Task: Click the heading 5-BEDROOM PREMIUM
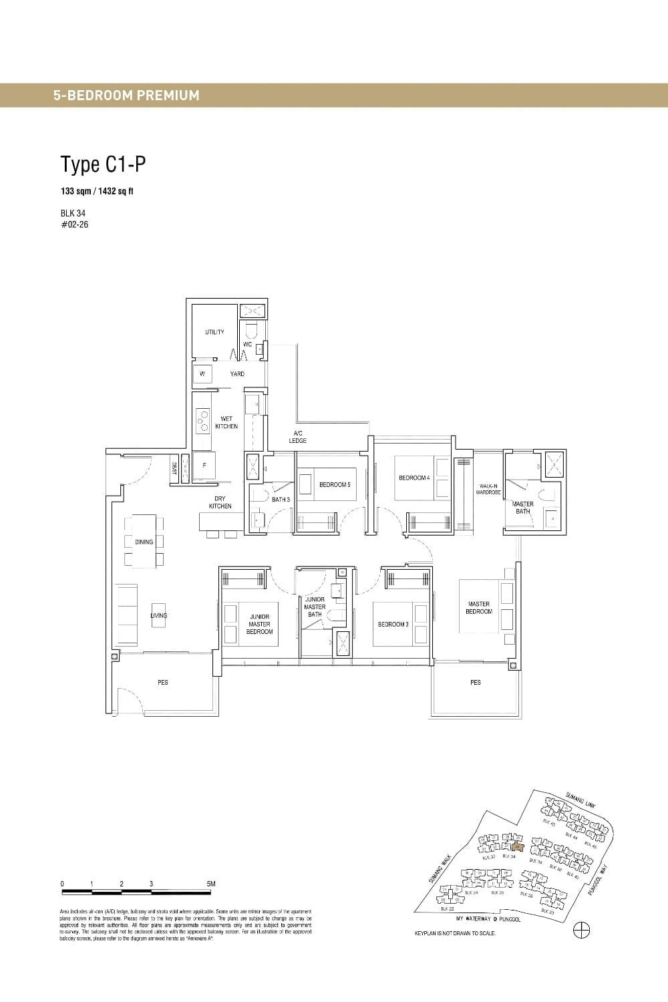pos(126,96)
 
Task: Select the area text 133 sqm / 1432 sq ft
pos(97,191)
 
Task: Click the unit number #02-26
pos(74,224)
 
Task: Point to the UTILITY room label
pos(214,332)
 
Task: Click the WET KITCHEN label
pos(226,422)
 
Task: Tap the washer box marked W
pos(202,374)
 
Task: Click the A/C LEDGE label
pos(298,437)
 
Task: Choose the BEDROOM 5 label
pos(334,484)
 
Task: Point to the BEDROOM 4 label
pos(413,478)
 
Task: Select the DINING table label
pos(144,542)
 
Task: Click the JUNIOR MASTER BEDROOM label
pos(259,624)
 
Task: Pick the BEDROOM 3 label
pos(392,624)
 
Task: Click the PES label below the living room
pos(162,682)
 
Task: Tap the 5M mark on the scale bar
pos(211,884)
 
